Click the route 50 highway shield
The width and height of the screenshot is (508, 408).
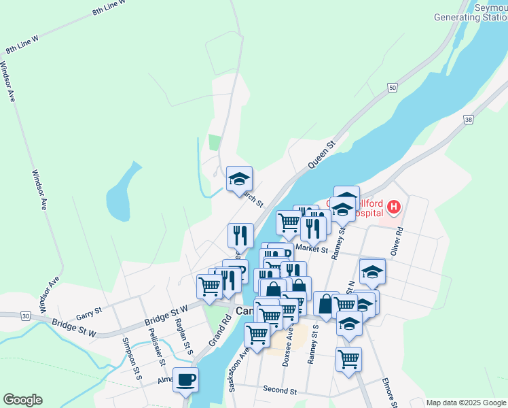393,88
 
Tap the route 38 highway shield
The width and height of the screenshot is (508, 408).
469,120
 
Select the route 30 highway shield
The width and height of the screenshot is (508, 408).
25,316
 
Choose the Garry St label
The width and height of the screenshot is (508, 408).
89,313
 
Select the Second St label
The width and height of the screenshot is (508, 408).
280,392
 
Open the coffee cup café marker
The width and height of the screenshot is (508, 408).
185,379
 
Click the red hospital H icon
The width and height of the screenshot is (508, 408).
393,205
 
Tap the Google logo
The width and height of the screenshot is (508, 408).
22,400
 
